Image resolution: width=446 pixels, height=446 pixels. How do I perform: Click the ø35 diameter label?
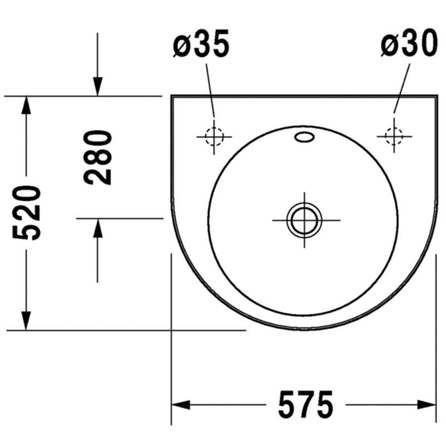[x=201, y=43]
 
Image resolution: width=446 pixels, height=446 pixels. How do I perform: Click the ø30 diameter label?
[x=409, y=43]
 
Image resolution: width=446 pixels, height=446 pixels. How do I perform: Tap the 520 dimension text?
[x=27, y=213]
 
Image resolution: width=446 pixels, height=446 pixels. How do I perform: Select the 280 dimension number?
[x=97, y=157]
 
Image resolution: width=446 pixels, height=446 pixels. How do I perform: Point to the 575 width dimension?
[x=306, y=405]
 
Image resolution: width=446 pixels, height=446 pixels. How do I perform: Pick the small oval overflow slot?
[x=304, y=137]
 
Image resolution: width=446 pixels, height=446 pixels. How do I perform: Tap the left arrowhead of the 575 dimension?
[x=181, y=405]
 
